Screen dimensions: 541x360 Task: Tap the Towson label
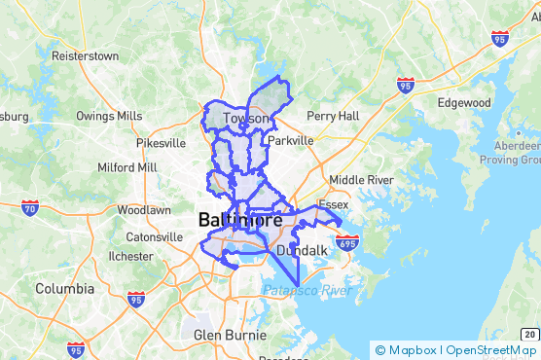[x=246, y=119]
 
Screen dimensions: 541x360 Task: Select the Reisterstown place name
[x=85, y=55]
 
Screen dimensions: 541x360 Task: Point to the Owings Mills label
[x=109, y=117]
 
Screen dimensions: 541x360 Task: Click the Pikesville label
[x=161, y=143]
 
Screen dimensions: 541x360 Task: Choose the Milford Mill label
[x=127, y=167]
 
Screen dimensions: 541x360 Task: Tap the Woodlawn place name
[x=144, y=210]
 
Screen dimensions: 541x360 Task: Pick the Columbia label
[x=65, y=289]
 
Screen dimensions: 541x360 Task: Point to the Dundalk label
[x=302, y=251]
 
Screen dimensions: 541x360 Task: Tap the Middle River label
[x=361, y=180]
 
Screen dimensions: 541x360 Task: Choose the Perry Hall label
[x=334, y=116]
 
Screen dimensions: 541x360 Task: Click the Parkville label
[x=291, y=140]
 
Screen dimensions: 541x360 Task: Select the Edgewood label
[x=464, y=103]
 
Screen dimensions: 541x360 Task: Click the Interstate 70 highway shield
[x=29, y=206]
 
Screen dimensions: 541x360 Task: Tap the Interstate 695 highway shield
[x=349, y=240]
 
